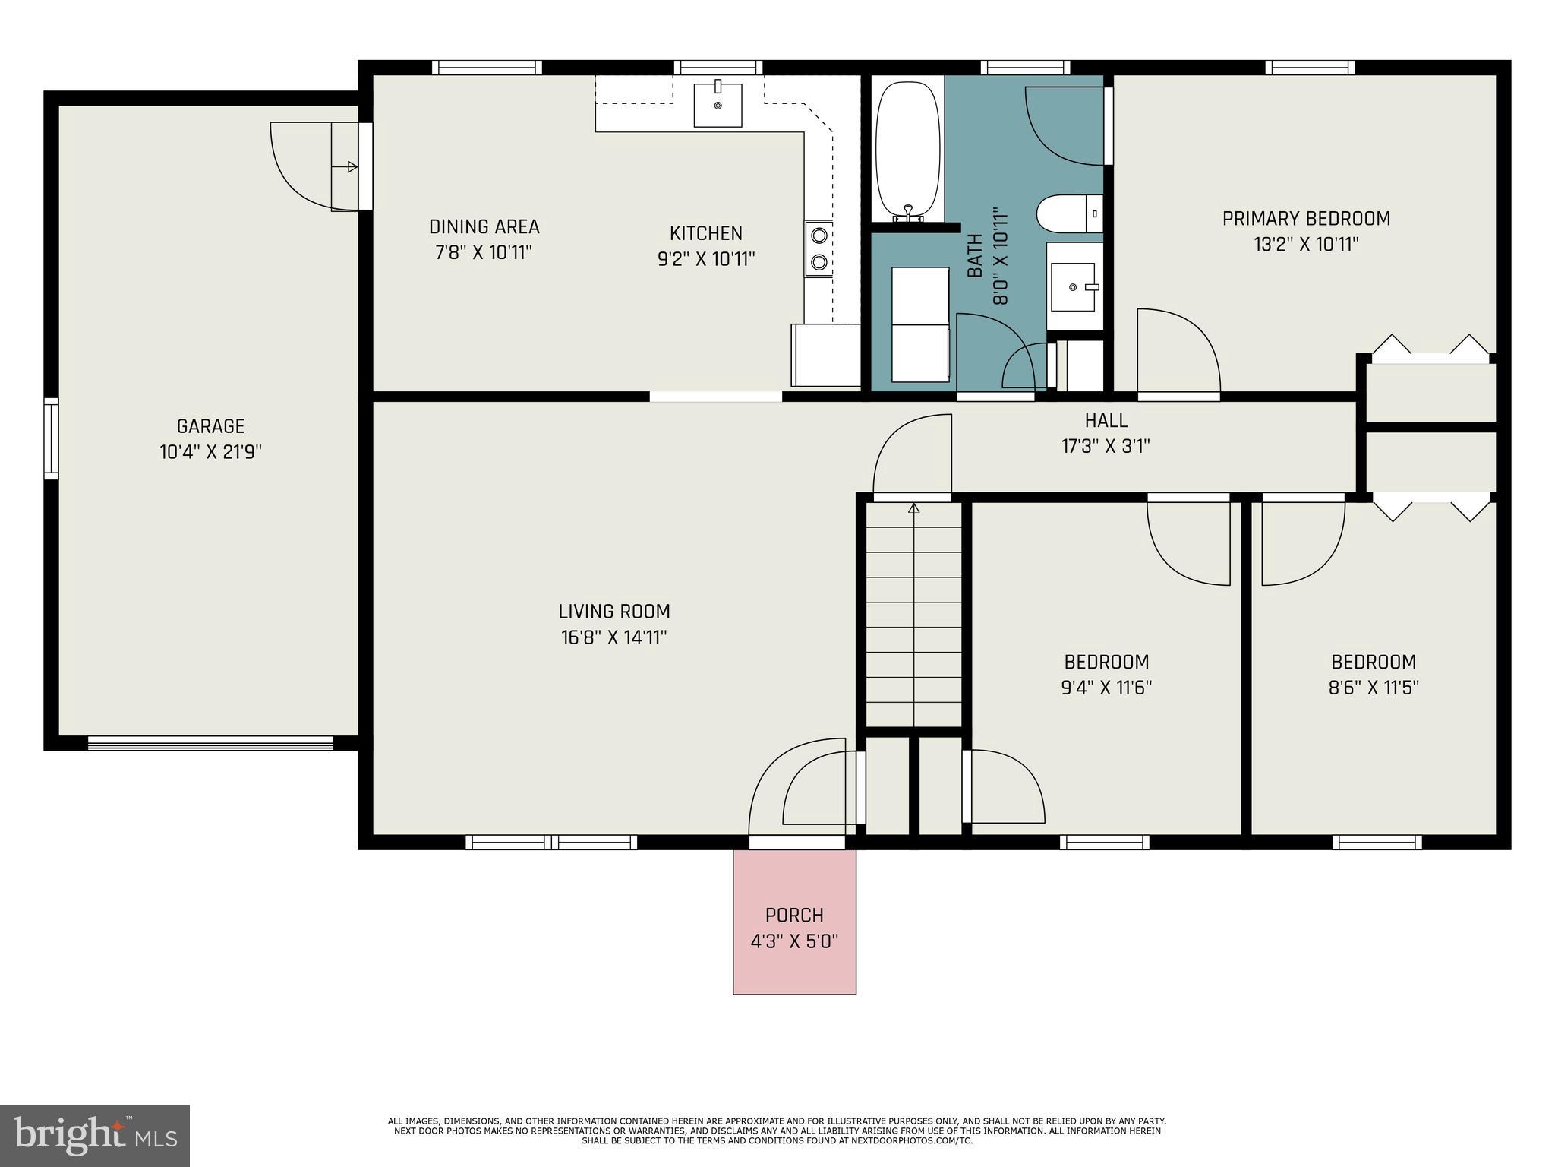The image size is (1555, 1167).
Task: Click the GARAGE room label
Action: click(210, 426)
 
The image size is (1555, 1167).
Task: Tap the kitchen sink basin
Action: click(718, 106)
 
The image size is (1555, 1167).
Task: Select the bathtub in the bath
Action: click(908, 151)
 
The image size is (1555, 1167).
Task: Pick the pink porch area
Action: click(794, 922)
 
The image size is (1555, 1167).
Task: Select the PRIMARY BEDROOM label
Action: click(1306, 219)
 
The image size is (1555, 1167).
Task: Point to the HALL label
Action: click(1106, 420)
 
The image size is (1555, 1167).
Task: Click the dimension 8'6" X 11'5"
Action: click(1374, 688)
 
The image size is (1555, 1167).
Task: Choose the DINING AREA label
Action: click(484, 226)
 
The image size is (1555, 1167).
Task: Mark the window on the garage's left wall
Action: click(51, 438)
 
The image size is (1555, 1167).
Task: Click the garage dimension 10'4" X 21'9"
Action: click(210, 452)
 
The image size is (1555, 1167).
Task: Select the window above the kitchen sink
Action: click(718, 68)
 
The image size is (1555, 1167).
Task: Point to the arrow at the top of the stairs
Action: click(914, 508)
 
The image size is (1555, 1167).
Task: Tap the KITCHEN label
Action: click(706, 233)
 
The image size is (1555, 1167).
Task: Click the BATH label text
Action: click(975, 255)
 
